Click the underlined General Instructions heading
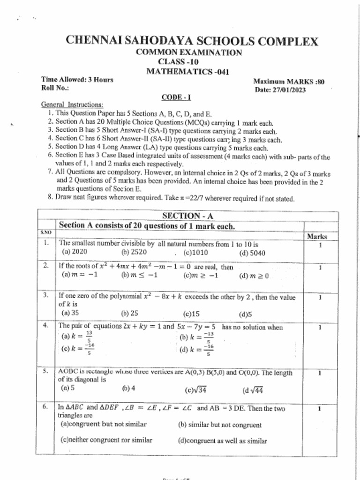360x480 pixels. [x=73, y=105]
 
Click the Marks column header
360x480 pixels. [x=317, y=237]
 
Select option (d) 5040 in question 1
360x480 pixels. [x=252, y=253]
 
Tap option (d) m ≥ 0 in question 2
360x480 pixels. [x=254, y=276]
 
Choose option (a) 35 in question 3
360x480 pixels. [x=70, y=313]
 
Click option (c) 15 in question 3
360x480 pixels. [x=192, y=314]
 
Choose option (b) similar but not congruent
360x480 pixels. [x=220, y=425]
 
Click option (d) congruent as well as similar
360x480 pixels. [x=223, y=441]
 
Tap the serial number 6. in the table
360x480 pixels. [x=45, y=407]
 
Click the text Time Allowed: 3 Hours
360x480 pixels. [x=77, y=80]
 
